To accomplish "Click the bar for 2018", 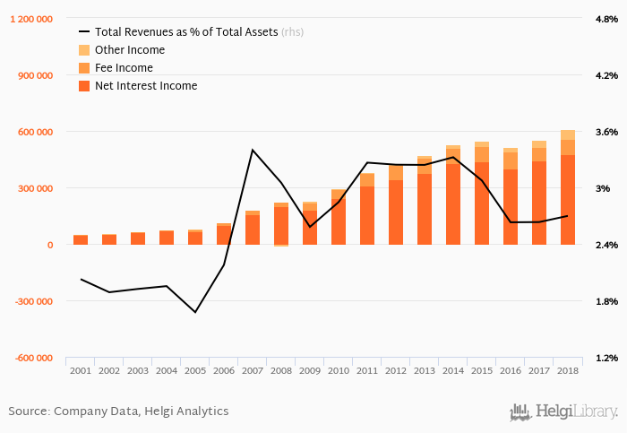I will tap(568, 187).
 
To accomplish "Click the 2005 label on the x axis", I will tap(195, 370).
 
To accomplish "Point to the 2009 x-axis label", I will tap(310, 370).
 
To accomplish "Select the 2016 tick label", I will tap(511, 370).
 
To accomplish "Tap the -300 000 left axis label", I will tap(32, 301).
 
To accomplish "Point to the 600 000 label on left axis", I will tap(35, 133).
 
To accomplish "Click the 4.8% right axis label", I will tap(606, 20).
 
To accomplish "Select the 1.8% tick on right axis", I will tap(606, 301).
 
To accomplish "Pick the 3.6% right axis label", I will tap(606, 133).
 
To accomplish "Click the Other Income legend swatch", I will tap(84, 50).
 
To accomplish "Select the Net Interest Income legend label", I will tap(145, 86).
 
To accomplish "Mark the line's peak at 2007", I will tap(253, 150).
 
